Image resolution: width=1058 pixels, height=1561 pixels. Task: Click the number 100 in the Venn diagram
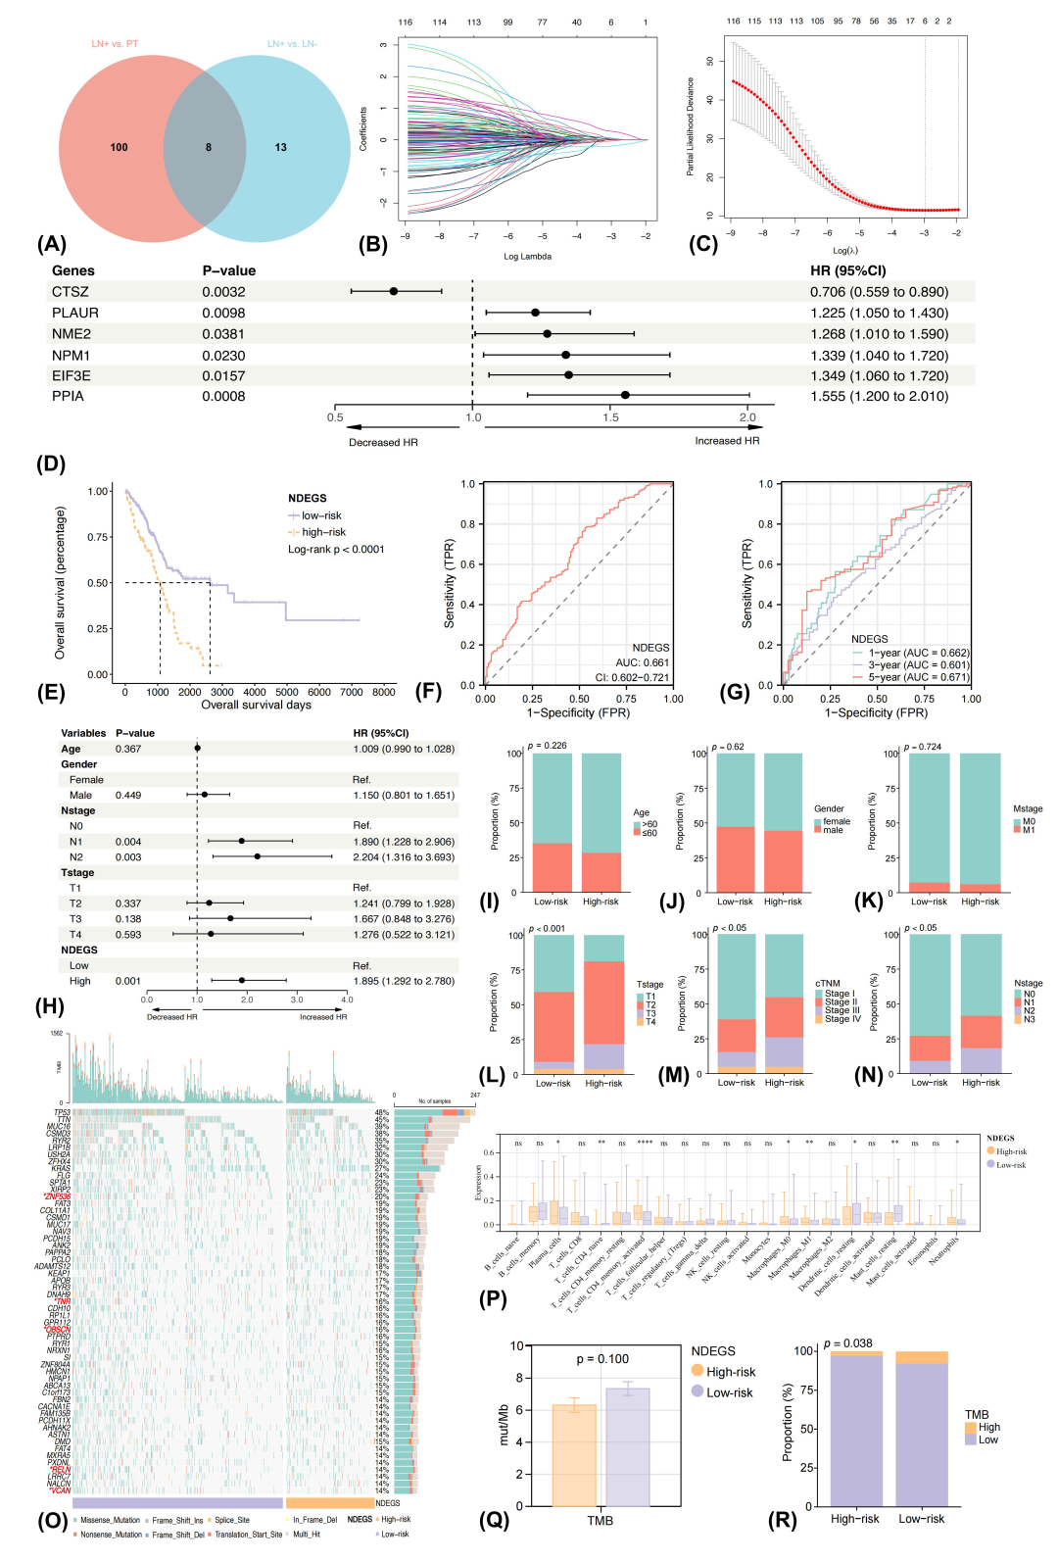119,147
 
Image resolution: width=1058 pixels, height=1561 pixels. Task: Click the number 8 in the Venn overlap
208,147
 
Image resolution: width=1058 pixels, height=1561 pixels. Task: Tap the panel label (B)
372,244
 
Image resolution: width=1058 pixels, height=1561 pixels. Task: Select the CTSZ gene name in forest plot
71,292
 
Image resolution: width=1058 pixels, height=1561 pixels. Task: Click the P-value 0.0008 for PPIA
223,396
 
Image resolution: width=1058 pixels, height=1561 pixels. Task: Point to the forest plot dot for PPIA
625,395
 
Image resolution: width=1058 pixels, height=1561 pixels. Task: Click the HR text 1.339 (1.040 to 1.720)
879,356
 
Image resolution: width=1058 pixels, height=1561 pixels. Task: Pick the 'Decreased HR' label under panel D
383,442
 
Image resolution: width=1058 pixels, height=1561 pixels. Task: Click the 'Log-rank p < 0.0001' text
336,549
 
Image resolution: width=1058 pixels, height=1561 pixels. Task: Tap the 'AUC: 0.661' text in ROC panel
643,662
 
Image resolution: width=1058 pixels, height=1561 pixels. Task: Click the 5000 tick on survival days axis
287,692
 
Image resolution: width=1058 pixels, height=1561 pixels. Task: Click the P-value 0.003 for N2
128,856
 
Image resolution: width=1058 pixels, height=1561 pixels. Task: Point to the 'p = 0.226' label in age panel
548,746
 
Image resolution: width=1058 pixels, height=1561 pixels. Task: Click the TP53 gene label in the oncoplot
62,1112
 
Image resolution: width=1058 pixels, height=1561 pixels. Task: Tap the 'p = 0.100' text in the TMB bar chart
602,1359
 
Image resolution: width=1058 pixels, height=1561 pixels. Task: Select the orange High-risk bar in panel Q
574,1455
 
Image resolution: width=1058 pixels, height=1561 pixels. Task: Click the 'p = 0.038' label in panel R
848,1343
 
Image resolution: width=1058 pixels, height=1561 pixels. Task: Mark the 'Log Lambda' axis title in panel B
527,257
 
